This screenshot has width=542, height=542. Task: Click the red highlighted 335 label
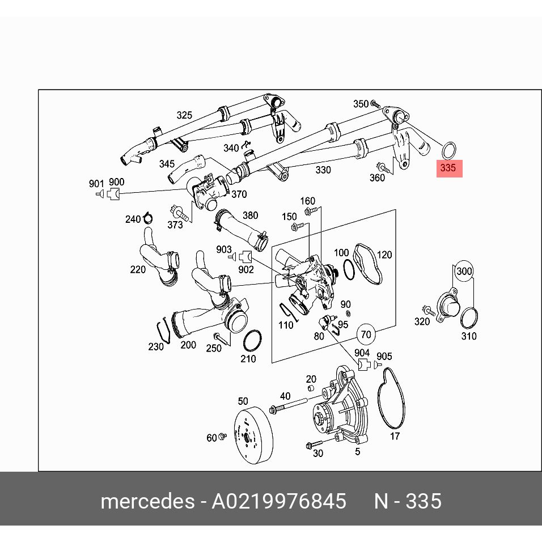(x=448, y=168)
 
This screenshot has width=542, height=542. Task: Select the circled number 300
(x=464, y=272)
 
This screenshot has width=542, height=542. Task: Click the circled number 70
(x=366, y=334)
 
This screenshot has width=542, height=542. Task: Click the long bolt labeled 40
(x=290, y=405)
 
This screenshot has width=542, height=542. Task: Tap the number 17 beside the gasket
(x=395, y=437)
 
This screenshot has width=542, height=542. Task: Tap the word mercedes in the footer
(x=146, y=501)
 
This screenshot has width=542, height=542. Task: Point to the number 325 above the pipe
(x=184, y=116)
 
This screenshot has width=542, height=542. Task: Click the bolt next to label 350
(x=375, y=104)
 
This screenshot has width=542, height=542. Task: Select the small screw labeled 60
(x=223, y=437)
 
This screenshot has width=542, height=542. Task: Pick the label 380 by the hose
(x=250, y=215)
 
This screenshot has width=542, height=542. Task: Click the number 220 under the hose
(x=138, y=270)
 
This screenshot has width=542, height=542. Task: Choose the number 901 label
(x=96, y=183)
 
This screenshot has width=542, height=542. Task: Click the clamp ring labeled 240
(x=148, y=217)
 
